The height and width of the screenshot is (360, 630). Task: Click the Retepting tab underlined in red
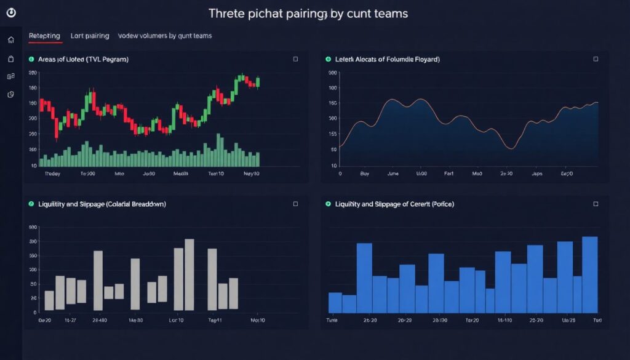[45, 36]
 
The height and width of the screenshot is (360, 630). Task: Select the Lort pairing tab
[90, 36]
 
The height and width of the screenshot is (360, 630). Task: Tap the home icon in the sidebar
[10, 40]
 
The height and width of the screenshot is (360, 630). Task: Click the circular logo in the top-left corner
[10, 13]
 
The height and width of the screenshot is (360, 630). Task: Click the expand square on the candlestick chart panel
[295, 59]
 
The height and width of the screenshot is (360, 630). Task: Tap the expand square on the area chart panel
[595, 59]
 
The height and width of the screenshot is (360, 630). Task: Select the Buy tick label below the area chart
[365, 174]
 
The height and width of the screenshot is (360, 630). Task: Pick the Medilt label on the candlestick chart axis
[181, 174]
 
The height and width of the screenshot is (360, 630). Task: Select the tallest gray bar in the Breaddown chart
[189, 274]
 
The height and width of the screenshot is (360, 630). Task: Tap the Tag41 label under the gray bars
[215, 320]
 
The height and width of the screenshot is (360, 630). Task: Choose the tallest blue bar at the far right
[590, 274]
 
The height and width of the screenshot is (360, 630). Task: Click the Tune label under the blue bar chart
[332, 320]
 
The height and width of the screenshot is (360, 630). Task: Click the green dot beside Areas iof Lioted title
[30, 59]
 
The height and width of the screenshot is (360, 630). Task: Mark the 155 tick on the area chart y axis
[333, 134]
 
